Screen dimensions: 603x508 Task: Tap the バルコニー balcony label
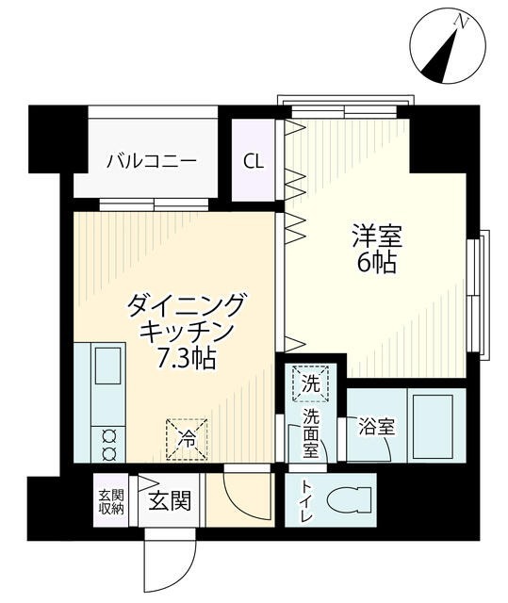151,160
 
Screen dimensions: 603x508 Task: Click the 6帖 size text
376,263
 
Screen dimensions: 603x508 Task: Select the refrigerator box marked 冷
188,438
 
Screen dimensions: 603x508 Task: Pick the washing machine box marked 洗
311,383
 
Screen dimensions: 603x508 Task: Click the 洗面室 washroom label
311,433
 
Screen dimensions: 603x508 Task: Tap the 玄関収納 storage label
110,501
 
